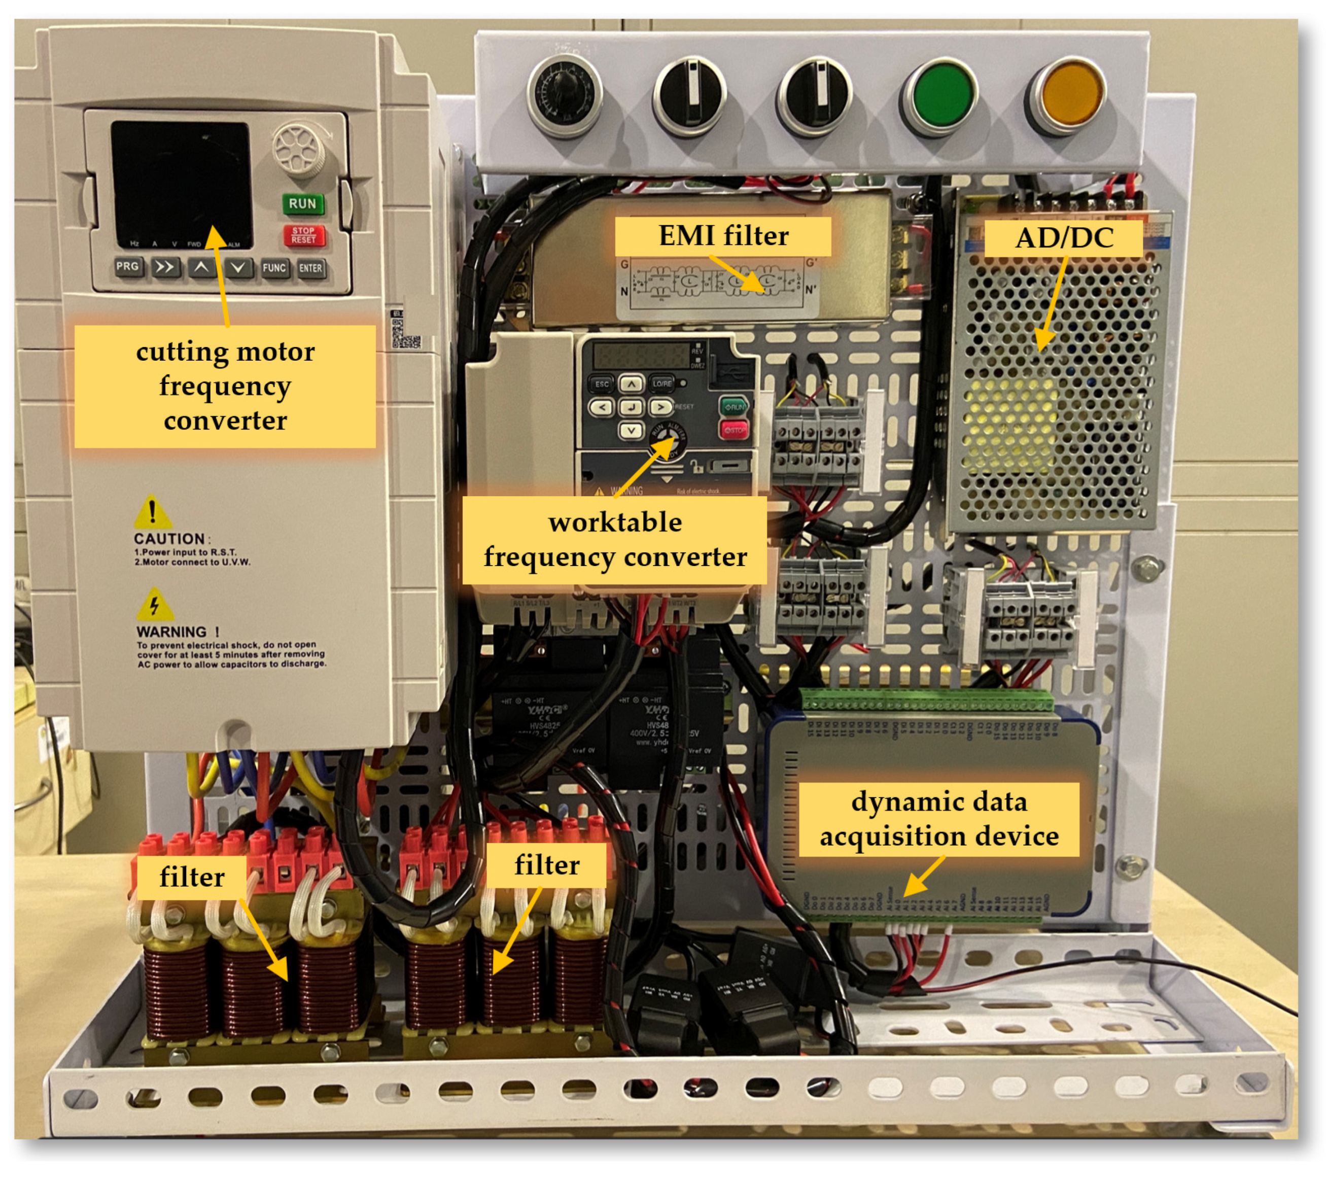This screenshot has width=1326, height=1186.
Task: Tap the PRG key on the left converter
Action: pyautogui.click(x=128, y=266)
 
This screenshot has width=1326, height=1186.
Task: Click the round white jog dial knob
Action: pyautogui.click(x=298, y=149)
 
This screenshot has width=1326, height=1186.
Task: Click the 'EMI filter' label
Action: pyautogui.click(x=723, y=236)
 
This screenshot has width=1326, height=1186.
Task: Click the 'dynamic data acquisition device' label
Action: pyautogui.click(x=939, y=819)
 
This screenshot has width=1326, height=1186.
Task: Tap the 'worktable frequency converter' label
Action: pyautogui.click(x=614, y=540)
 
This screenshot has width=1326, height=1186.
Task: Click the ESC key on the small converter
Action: pyautogui.click(x=602, y=384)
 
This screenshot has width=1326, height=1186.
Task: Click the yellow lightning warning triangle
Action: pyautogui.click(x=154, y=605)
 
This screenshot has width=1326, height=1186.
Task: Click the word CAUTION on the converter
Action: pyautogui.click(x=169, y=539)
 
